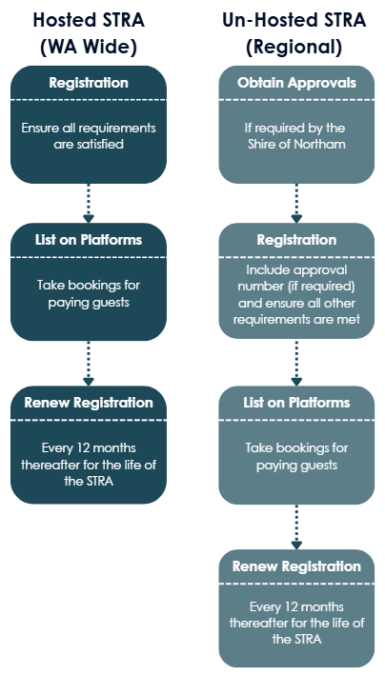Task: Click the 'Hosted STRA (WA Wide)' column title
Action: (x=89, y=33)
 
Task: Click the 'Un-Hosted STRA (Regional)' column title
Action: (x=294, y=33)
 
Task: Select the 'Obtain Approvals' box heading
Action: (x=296, y=83)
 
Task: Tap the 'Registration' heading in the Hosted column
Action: (x=89, y=83)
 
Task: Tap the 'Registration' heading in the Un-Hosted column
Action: (x=296, y=240)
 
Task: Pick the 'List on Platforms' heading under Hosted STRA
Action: (x=89, y=240)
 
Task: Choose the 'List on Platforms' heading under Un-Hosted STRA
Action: (x=296, y=403)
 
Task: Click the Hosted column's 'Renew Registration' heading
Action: (x=89, y=403)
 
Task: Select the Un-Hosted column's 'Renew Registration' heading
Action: (x=296, y=566)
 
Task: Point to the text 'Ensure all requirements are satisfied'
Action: (x=89, y=136)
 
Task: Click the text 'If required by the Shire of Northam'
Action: (x=296, y=136)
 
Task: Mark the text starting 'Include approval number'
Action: (x=296, y=295)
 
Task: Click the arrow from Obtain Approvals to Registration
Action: (x=296, y=203)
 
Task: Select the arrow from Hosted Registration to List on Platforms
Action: (x=89, y=203)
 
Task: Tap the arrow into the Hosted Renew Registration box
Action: (x=89, y=363)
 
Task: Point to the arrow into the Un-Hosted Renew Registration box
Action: (x=296, y=526)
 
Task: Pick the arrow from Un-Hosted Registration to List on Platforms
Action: (x=296, y=362)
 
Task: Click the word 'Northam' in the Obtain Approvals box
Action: (x=319, y=144)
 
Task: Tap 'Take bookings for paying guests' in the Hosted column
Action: (x=89, y=293)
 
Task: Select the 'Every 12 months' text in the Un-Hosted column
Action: (x=296, y=607)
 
